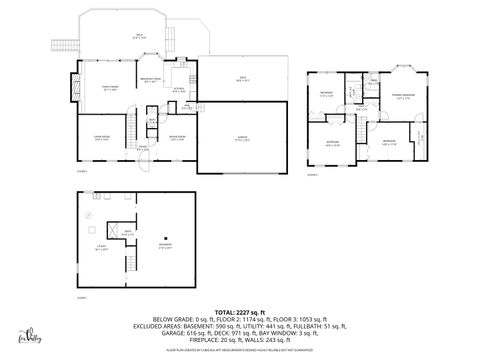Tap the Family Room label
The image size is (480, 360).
[x=110, y=90]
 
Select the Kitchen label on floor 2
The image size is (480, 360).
[x=178, y=90]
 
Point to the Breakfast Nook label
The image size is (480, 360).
[x=150, y=82]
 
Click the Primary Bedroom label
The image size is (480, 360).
[x=404, y=96]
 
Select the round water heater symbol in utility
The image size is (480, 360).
[x=88, y=215]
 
